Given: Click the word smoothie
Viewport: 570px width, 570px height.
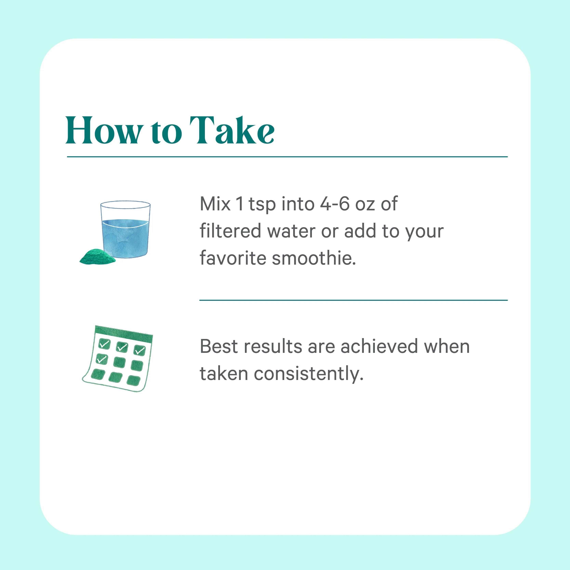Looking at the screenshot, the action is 314,258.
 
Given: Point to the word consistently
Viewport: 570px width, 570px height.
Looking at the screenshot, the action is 309,374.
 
